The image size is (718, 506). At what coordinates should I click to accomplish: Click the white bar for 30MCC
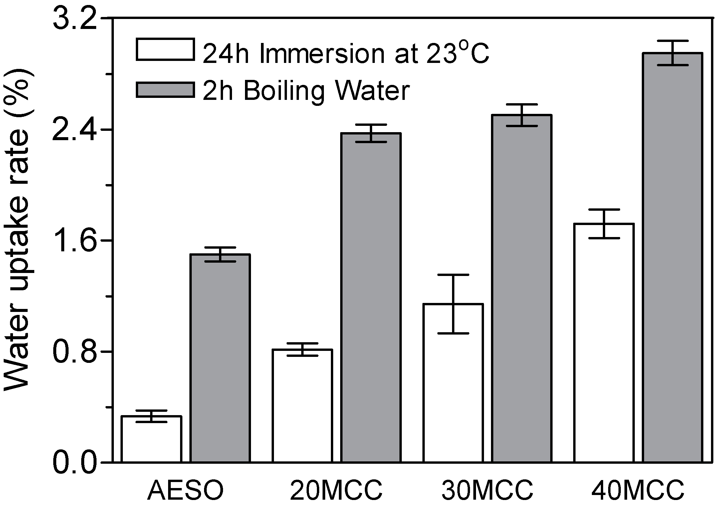pos(453,383)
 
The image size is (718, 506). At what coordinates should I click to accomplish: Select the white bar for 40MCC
pos(604,343)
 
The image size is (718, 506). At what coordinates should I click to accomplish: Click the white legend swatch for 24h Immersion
pos(165,50)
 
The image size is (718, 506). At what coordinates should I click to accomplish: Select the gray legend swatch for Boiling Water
pos(165,90)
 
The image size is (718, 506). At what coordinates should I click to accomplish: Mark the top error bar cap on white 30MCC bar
pos(453,275)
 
